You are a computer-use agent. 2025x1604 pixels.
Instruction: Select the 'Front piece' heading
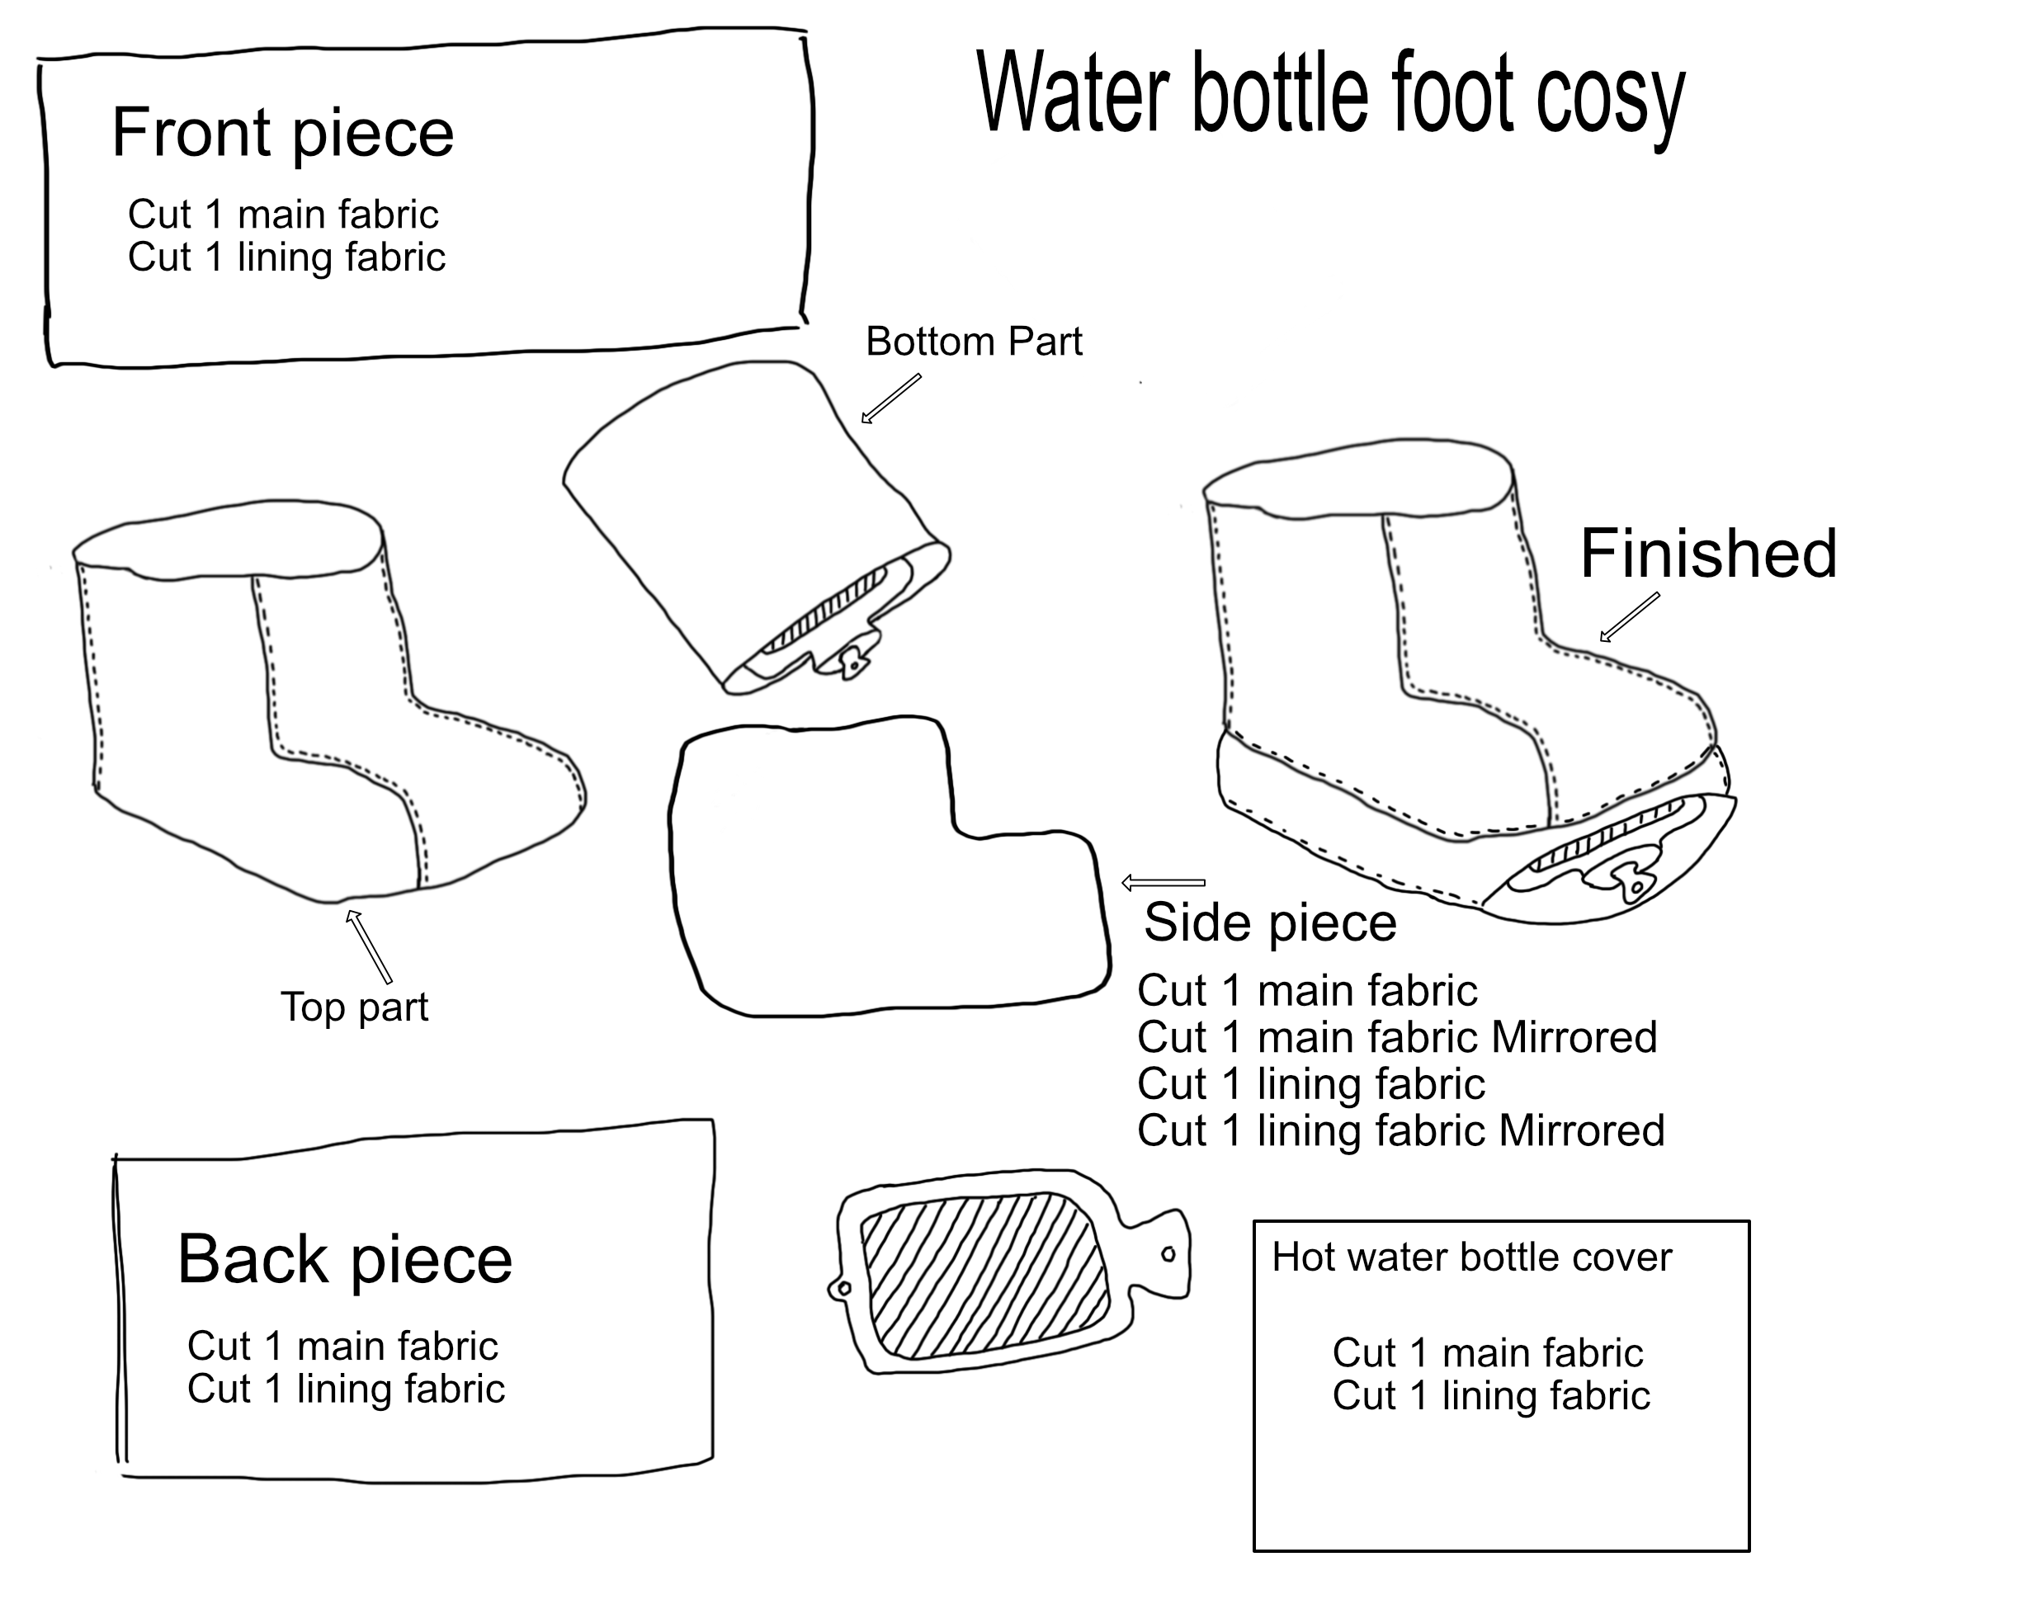(x=281, y=134)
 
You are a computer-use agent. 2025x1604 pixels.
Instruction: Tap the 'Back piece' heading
(x=345, y=1260)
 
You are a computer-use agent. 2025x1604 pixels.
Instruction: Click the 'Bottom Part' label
(x=973, y=342)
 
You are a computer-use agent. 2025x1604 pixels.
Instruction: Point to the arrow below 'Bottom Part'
(x=890, y=399)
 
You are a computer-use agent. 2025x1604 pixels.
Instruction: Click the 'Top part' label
(x=354, y=1007)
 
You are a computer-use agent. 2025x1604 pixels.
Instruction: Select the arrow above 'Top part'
(x=368, y=946)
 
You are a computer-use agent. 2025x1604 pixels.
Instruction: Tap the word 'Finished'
(x=1707, y=554)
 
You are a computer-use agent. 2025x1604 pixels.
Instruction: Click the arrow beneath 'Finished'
(x=1630, y=617)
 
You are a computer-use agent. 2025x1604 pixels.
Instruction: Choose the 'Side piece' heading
(x=1270, y=923)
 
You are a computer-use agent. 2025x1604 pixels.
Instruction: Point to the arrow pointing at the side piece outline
(x=1163, y=883)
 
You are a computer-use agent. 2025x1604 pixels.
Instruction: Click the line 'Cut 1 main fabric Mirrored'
(x=1397, y=1038)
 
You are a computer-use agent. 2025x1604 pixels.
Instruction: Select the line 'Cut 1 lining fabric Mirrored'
(x=1400, y=1130)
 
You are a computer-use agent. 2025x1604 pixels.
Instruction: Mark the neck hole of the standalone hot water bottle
(x=1168, y=1255)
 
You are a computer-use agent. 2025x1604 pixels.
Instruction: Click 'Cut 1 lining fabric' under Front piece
(x=286, y=257)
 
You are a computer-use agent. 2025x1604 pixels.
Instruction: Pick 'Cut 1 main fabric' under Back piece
(x=342, y=1347)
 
